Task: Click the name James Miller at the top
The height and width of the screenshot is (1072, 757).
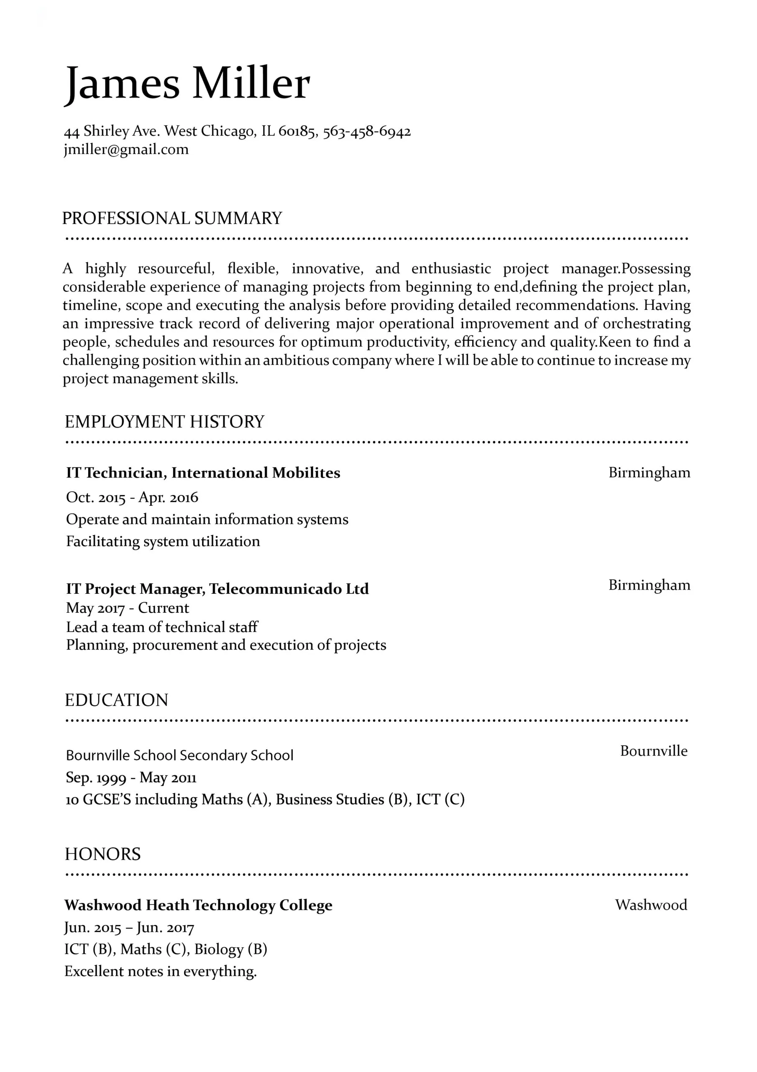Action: click(x=187, y=84)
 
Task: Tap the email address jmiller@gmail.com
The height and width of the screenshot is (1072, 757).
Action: click(x=126, y=150)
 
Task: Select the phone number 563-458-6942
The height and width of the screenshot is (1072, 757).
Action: click(x=367, y=131)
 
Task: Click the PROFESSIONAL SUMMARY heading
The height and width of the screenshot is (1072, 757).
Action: click(x=172, y=219)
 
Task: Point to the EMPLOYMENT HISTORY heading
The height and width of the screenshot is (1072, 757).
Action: click(x=164, y=422)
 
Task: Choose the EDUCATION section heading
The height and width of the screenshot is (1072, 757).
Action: click(x=116, y=700)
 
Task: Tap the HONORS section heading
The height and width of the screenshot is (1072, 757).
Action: click(x=102, y=854)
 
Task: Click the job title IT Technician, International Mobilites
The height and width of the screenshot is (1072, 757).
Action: click(x=203, y=473)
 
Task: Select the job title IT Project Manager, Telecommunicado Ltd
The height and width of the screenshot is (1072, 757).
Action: click(x=217, y=589)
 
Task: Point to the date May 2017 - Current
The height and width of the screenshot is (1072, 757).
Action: click(x=127, y=608)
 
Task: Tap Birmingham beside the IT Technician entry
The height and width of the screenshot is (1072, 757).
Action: click(x=649, y=472)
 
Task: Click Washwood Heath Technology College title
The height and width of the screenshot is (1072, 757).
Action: click(x=198, y=905)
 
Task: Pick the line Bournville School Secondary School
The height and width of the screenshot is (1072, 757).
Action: click(x=179, y=755)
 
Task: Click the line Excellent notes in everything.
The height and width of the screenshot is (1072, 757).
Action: click(x=161, y=971)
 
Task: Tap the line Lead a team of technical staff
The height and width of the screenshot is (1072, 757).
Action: click(x=162, y=627)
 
